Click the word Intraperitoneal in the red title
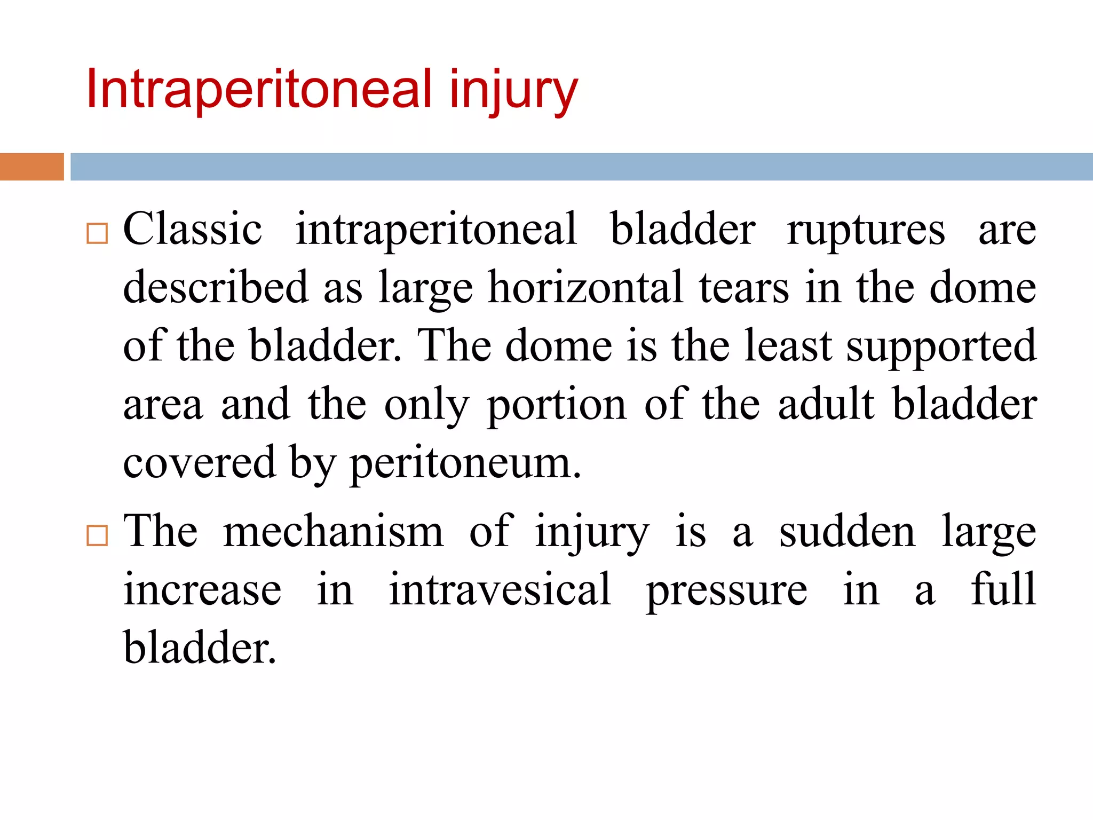tap(258, 89)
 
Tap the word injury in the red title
tap(513, 91)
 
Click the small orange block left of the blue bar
tap(32, 167)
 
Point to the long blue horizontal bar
tap(582, 167)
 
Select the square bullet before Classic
tap(97, 233)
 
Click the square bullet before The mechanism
tap(97, 535)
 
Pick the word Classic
tap(193, 230)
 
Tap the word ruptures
tap(866, 231)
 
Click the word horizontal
tap(586, 288)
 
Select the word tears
tap(744, 288)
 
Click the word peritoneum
tap(465, 463)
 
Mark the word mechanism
tap(334, 532)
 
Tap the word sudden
tap(848, 532)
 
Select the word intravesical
tap(500, 589)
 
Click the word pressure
tap(726, 592)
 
